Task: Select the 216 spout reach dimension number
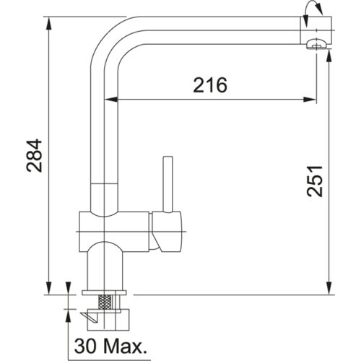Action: click(210, 85)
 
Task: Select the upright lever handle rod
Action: click(170, 180)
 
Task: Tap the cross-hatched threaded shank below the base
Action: click(105, 302)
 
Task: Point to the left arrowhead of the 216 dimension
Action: click(120, 97)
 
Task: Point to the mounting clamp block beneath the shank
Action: click(108, 316)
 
